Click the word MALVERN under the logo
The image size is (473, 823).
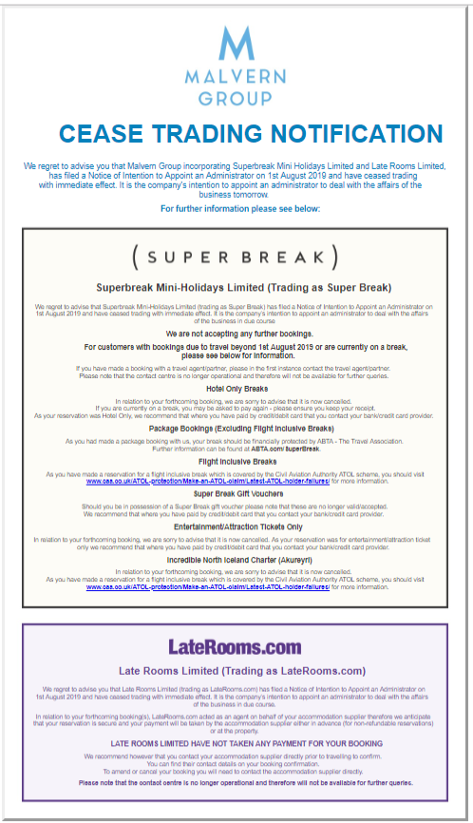coord(236,79)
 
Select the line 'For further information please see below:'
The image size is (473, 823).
coord(240,208)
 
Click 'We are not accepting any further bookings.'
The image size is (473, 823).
coord(237,335)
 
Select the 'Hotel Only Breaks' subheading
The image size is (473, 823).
coord(237,388)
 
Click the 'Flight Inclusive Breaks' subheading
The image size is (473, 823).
coord(237,461)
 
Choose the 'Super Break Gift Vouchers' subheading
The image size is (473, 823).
coord(237,494)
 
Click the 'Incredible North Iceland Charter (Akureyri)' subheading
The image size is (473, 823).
coord(237,561)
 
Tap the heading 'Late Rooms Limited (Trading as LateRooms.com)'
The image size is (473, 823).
coord(241,671)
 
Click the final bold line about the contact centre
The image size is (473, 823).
coord(245,782)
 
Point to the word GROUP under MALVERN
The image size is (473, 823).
coord(236,98)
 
